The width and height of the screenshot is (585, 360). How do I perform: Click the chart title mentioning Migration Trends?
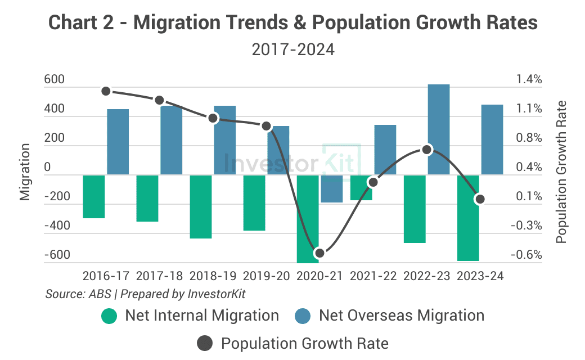(292, 22)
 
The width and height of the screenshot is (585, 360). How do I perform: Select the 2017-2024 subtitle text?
(292, 49)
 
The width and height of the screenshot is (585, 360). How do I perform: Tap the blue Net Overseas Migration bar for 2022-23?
(439, 129)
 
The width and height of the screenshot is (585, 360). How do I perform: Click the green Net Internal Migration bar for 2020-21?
(308, 219)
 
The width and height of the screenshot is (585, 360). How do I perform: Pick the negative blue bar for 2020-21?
(332, 188)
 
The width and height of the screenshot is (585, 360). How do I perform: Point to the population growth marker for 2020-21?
(319, 253)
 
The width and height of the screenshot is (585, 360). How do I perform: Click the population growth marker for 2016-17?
(106, 91)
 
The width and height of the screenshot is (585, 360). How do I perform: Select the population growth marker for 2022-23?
(426, 150)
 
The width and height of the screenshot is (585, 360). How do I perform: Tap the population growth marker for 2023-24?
(480, 199)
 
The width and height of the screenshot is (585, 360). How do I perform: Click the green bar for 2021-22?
(361, 187)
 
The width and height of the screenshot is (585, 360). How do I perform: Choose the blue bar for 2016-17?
(118, 142)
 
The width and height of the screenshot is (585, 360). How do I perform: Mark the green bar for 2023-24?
(468, 218)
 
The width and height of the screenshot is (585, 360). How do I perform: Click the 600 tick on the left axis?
(55, 80)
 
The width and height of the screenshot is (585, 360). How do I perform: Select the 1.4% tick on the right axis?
(529, 79)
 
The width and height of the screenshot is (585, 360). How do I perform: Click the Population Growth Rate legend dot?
(205, 343)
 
